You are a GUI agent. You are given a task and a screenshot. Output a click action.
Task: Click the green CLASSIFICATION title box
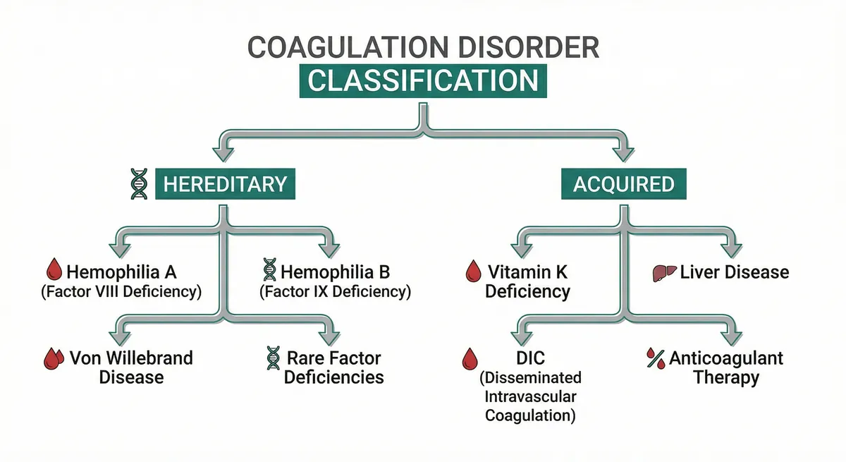click(422, 80)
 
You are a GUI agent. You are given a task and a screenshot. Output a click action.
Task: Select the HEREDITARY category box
click(225, 185)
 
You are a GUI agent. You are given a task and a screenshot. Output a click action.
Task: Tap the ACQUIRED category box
click(623, 185)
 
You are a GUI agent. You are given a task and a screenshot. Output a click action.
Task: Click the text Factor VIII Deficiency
click(121, 291)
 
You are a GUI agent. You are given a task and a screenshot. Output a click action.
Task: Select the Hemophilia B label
click(335, 272)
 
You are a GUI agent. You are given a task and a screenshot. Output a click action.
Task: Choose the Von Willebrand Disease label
click(131, 367)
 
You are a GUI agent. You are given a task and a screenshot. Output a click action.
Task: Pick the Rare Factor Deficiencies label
click(334, 367)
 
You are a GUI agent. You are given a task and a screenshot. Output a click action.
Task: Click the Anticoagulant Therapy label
click(725, 367)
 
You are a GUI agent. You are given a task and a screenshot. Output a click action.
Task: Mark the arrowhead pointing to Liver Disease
click(731, 249)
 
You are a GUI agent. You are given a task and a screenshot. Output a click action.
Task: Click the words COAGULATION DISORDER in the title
click(422, 48)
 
